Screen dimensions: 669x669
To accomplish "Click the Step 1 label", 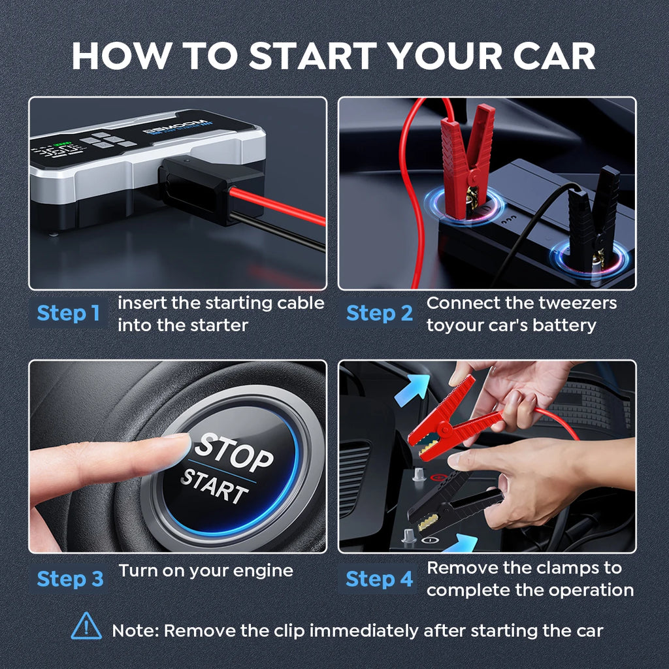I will (x=68, y=314).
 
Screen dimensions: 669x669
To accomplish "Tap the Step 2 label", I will (x=379, y=314).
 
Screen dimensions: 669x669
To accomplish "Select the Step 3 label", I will (x=70, y=579).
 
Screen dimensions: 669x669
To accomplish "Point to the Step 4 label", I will (x=379, y=579).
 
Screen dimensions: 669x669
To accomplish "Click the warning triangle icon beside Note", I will (x=86, y=627).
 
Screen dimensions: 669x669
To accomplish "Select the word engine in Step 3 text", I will (x=263, y=570).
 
